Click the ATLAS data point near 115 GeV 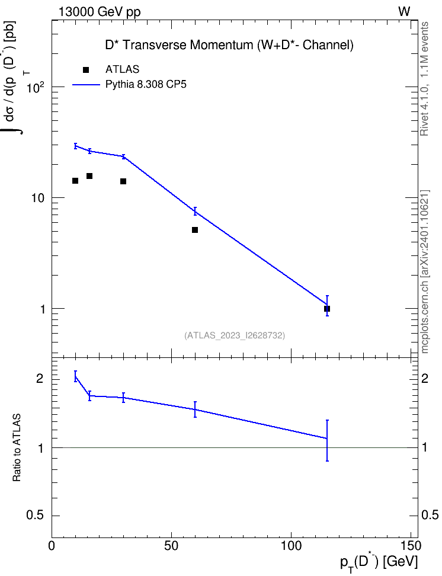pos(327,309)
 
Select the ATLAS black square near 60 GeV pos(195,230)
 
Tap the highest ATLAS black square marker pos(89,176)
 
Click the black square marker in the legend pos(86,70)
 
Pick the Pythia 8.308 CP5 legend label pos(146,85)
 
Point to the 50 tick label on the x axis pos(171,546)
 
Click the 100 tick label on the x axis pos(291,546)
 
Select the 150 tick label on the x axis pos(411,546)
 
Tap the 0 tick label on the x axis pos(52,546)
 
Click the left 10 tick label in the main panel pos(38,198)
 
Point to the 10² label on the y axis pos(36,88)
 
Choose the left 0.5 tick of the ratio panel pos(36,516)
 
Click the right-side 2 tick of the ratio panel pos(425,378)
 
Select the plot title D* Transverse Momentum pos(229,45)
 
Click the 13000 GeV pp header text pos(100,12)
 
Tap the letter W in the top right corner pos(404,12)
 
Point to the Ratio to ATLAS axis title pos(17,447)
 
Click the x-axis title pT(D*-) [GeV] pos(379,562)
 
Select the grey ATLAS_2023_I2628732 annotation pos(235,335)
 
